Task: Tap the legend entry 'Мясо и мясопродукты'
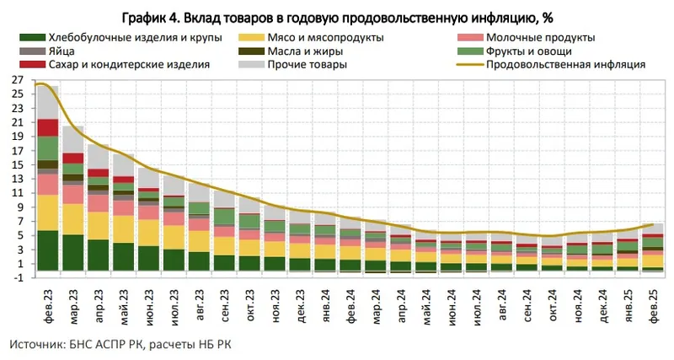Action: (x=324, y=37)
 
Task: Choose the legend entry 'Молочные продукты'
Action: (x=539, y=37)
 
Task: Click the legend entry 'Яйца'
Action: (x=62, y=51)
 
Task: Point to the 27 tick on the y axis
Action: (x=16, y=79)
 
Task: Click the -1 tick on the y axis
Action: (x=16, y=277)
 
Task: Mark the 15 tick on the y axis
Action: (x=16, y=164)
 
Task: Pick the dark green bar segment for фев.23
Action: (x=47, y=250)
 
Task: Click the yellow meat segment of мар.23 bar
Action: (x=72, y=218)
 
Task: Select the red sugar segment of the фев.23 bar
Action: (x=47, y=126)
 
